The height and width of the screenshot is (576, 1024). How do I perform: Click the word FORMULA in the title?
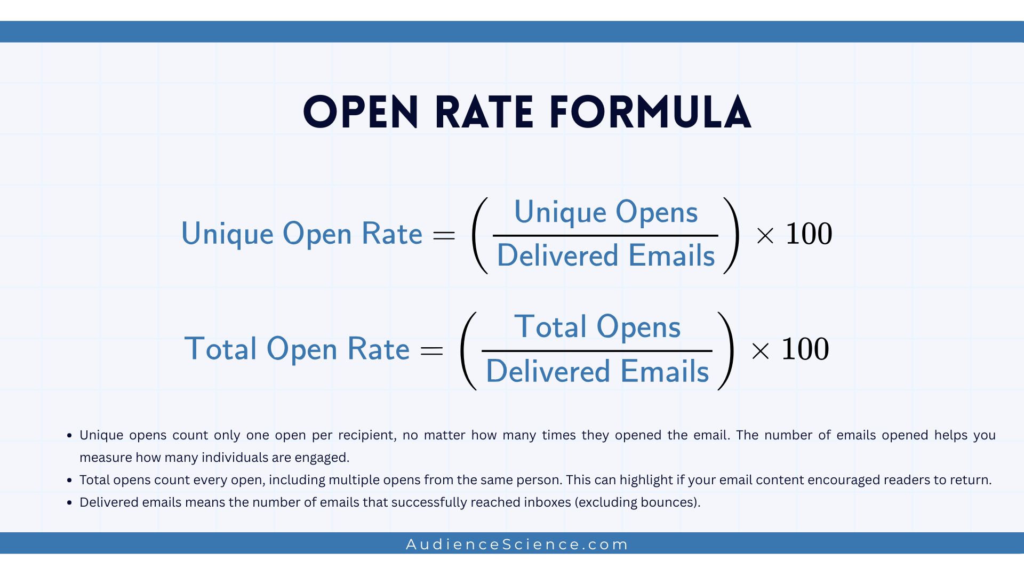(650, 113)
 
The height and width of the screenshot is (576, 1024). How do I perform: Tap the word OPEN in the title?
(361, 113)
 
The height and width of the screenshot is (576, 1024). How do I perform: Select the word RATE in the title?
(484, 113)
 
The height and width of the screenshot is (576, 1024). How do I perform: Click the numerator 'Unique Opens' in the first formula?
(605, 212)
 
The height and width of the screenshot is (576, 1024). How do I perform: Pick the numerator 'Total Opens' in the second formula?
(597, 326)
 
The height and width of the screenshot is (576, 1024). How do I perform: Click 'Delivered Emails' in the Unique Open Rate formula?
(605, 255)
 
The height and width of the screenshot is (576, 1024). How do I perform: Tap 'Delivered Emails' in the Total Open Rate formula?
(597, 371)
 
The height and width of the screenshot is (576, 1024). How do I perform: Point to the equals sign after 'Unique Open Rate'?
(444, 235)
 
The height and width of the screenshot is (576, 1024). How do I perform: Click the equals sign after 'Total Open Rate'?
(431, 350)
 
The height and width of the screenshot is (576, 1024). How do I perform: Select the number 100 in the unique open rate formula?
(809, 234)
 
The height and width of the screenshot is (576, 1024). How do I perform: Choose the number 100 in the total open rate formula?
(805, 349)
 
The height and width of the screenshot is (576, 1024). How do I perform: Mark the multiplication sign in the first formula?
(765, 236)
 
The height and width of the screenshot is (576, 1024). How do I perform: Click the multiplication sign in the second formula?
(760, 351)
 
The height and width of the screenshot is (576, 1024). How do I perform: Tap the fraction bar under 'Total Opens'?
(597, 350)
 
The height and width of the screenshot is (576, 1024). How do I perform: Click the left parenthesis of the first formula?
(479, 235)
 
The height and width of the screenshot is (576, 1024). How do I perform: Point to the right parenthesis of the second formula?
(726, 350)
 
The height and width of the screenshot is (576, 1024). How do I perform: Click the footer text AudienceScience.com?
(517, 545)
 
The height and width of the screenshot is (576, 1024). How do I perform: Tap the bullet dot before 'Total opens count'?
(69, 481)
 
